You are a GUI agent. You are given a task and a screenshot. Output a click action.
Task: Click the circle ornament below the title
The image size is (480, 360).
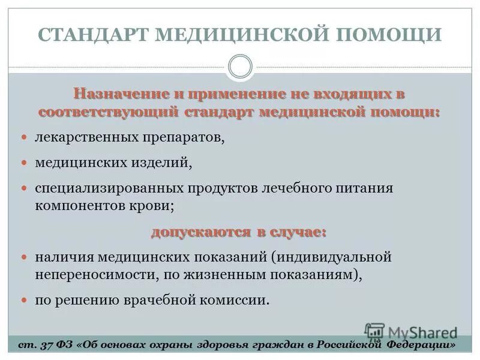coord(241,66)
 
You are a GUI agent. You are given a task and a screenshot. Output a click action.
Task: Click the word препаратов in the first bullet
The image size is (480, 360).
coord(183,139)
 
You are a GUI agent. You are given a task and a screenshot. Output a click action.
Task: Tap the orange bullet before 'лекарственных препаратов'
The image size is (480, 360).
coord(25,138)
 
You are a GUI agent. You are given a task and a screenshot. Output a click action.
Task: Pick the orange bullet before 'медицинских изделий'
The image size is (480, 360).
coord(25,162)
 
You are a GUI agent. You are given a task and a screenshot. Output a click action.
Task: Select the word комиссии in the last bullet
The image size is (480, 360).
coord(238,299)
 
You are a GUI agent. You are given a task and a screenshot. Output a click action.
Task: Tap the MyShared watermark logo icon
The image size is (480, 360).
coord(374,331)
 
